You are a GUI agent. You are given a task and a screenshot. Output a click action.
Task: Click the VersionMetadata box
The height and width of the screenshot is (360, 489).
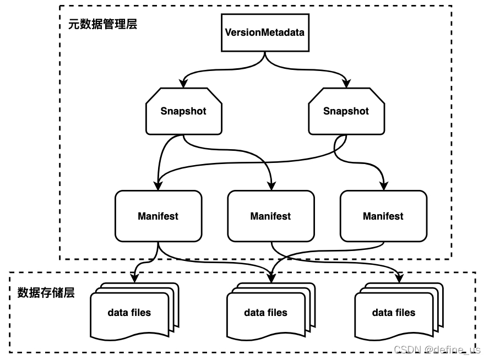[x=264, y=32]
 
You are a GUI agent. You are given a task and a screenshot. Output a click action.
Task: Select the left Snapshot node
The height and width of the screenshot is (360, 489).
[x=183, y=111]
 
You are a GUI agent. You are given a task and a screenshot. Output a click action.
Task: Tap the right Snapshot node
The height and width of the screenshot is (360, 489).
[x=346, y=111]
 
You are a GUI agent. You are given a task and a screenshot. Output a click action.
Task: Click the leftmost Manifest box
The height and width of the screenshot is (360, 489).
[x=158, y=216]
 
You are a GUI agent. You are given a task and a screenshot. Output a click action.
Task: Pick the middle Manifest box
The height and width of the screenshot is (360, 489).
[x=270, y=216]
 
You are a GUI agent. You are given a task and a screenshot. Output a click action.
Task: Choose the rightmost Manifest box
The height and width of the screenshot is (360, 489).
[x=383, y=216]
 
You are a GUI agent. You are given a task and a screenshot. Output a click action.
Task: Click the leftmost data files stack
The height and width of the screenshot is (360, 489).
[x=130, y=313]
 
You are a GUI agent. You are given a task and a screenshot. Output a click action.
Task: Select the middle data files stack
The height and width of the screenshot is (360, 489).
[x=266, y=313]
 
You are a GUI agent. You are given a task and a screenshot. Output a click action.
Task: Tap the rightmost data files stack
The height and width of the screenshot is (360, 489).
[x=394, y=313]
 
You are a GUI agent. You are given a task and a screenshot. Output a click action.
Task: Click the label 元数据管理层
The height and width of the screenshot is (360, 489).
[x=102, y=24]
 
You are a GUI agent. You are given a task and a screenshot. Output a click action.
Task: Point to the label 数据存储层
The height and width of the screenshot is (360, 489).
[x=46, y=292]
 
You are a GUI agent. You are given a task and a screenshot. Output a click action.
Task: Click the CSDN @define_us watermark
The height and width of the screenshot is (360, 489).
[x=437, y=350]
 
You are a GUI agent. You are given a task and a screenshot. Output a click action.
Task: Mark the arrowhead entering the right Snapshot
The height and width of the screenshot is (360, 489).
[x=346, y=84]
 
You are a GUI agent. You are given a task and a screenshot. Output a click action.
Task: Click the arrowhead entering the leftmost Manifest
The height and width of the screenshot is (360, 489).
[x=158, y=186]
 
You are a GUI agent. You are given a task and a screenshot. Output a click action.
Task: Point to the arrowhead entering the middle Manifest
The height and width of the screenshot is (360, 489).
[x=270, y=186]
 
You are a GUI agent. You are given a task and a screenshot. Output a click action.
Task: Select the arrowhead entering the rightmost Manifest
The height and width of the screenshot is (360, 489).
[x=383, y=186]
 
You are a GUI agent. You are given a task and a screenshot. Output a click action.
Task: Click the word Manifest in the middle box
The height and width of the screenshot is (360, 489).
[x=270, y=216]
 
